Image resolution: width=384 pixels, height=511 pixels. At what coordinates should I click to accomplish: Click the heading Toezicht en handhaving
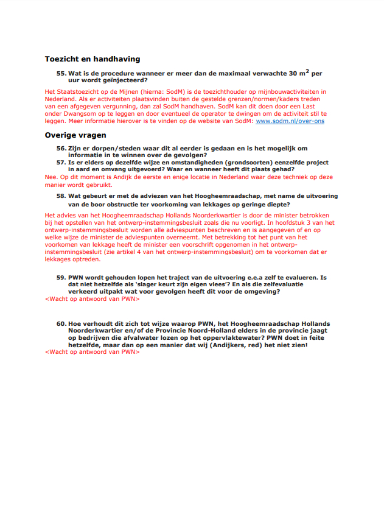tap(93, 59)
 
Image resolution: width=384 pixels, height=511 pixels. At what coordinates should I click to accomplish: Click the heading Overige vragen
tap(75, 135)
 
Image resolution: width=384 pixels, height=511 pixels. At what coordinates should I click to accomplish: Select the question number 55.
tap(61, 73)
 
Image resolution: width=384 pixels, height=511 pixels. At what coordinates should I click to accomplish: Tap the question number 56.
tap(61, 149)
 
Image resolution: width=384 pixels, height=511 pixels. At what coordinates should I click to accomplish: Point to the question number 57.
tap(61, 163)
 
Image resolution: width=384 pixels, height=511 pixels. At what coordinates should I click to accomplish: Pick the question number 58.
tap(61, 196)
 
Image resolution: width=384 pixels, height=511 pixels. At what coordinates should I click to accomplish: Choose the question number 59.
tap(61, 277)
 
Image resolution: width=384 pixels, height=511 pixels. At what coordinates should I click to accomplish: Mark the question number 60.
tap(61, 323)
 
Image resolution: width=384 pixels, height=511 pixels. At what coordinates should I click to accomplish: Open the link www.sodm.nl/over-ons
tap(290, 121)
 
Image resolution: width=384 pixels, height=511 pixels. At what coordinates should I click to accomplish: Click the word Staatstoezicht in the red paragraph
tap(75, 91)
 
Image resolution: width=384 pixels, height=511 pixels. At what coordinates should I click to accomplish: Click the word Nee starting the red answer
tap(51, 177)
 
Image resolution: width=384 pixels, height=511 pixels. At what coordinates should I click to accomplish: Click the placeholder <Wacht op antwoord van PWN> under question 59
tap(93, 300)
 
